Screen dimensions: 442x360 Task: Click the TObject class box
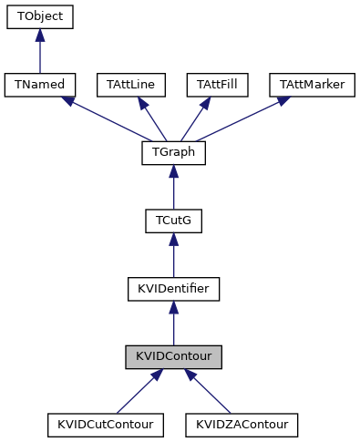[x=39, y=17]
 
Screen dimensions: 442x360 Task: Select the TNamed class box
[x=39, y=85]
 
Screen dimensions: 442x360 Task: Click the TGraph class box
[x=173, y=153]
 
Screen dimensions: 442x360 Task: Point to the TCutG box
[x=173, y=221]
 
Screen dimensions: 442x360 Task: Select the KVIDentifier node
[x=173, y=289]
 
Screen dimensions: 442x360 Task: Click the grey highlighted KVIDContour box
[x=173, y=356]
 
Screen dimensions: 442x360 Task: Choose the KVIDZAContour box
[x=242, y=425]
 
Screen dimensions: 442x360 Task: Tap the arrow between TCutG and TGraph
[x=173, y=187]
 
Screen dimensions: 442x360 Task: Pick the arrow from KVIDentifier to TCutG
[x=173, y=255]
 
